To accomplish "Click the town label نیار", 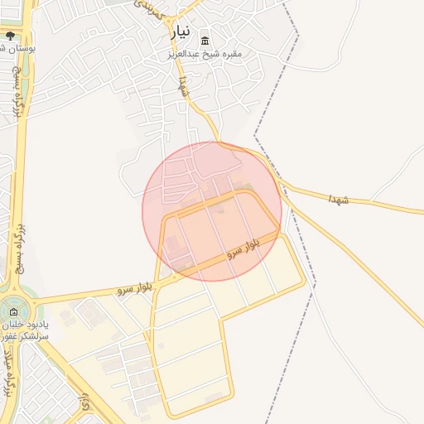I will point(181,32).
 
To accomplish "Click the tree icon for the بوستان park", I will point(10,36).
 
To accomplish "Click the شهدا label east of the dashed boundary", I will point(339,200).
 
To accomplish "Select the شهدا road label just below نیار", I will point(183,87).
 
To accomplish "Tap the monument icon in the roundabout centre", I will point(12,311).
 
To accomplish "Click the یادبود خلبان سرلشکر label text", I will point(25,331).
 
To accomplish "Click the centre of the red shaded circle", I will point(212,211).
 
